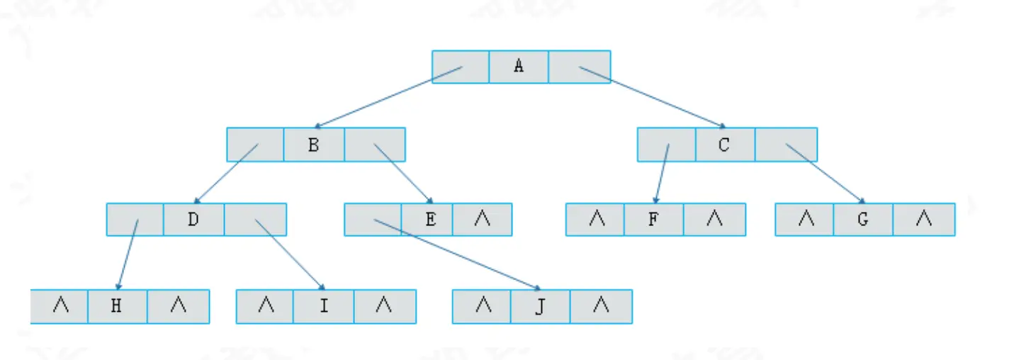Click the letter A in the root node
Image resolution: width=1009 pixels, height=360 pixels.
pos(519,67)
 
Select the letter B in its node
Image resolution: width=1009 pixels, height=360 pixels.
pos(313,145)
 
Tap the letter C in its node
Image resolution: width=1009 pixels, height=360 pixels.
pos(723,145)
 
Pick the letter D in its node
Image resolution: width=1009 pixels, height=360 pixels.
pos(193,220)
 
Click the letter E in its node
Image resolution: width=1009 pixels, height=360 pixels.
pos(430,220)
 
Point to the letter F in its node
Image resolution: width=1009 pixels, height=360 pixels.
pos(653,220)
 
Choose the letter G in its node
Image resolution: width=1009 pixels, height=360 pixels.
pos(862,220)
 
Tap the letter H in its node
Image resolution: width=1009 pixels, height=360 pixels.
pos(118,307)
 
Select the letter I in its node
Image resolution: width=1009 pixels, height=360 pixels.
pos(323,307)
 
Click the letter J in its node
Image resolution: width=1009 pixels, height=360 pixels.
pos(539,307)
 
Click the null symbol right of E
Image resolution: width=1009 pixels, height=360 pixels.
pos(482,220)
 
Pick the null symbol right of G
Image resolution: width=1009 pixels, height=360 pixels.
pos(923,220)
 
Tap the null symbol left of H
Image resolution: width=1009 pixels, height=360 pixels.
pos(61,307)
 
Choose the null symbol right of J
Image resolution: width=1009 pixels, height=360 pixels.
pos(600,307)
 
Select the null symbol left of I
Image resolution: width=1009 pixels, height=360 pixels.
pos(266,307)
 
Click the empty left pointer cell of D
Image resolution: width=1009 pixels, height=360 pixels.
pos(135,220)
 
